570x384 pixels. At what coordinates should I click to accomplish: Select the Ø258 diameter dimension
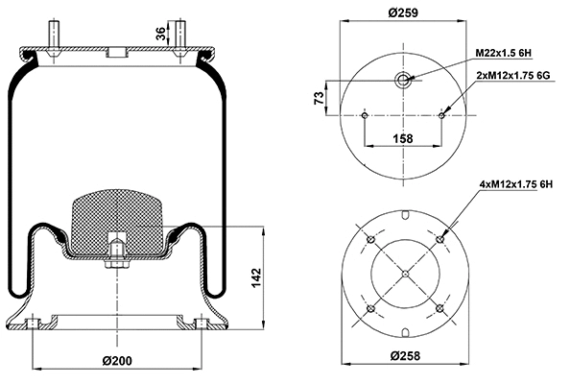pos(404,356)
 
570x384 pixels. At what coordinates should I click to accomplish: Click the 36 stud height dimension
pos(161,35)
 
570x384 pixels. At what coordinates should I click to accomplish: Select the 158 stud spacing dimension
pos(404,138)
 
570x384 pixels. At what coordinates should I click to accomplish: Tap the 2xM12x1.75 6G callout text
pos(515,74)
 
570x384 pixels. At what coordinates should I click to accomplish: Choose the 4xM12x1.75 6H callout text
pos(515,183)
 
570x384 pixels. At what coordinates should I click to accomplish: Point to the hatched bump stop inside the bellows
pos(114,216)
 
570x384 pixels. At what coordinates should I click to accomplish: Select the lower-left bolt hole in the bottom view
pos(368,308)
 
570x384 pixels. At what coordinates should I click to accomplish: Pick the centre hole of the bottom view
pos(404,274)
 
